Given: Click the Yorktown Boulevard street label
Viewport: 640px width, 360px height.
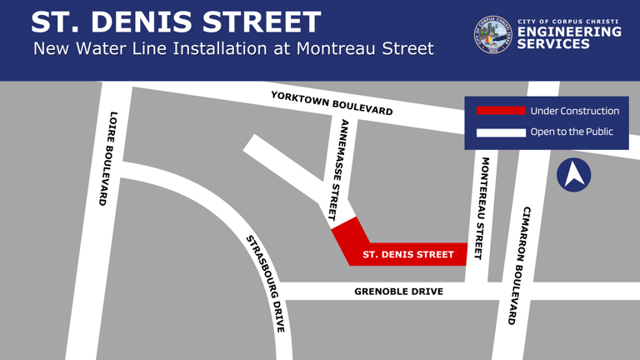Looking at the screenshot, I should click(x=332, y=102).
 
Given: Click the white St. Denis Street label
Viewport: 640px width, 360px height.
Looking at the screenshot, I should click(x=408, y=254).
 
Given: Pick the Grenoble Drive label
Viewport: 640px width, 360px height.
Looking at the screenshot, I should click(x=398, y=292).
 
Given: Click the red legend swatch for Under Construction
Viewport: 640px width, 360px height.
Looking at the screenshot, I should click(x=501, y=111).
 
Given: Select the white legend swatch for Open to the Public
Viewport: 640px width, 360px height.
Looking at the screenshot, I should click(x=501, y=132).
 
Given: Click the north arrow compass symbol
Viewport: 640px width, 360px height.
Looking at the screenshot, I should click(x=573, y=175).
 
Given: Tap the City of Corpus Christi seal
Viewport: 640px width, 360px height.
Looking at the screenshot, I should click(x=493, y=35).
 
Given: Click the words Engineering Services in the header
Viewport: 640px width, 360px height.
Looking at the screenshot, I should click(x=569, y=37).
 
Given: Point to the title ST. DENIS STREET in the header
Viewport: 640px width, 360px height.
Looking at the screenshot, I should click(x=176, y=22).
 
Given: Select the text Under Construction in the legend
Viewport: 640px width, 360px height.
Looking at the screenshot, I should click(x=575, y=111).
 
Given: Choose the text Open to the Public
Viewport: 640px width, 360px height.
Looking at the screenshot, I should click(x=572, y=132).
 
